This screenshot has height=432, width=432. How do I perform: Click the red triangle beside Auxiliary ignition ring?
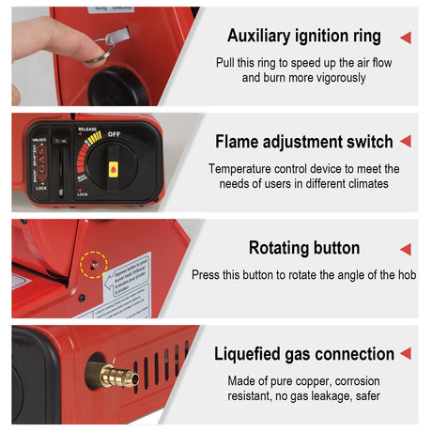405,38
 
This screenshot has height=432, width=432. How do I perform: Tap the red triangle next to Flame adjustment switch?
405,142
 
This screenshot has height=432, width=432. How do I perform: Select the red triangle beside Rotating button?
405,249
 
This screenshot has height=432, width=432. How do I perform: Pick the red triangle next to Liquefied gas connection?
405,354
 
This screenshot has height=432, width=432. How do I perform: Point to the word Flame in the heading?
238,142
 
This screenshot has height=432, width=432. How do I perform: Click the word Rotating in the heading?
279,248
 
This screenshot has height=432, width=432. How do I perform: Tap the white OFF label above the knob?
114,134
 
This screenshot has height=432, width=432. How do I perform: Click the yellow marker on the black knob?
114,169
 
